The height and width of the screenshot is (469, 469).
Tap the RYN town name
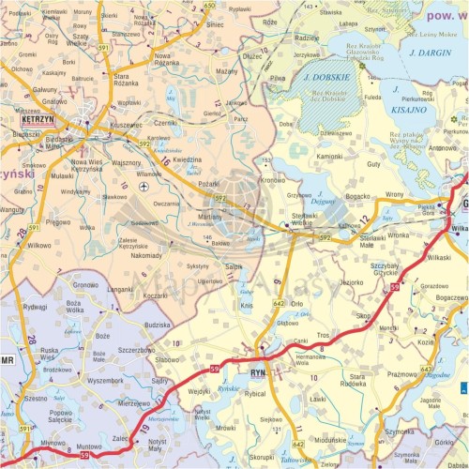259,373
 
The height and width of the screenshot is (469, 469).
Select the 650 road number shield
208,6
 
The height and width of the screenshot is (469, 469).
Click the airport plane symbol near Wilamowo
144,187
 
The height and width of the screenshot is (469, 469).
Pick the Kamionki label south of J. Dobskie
330,156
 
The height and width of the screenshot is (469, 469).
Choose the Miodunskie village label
331,439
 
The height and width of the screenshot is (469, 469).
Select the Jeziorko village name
352,281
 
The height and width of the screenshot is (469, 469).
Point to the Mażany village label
226,71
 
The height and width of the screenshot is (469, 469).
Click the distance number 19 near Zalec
144,429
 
